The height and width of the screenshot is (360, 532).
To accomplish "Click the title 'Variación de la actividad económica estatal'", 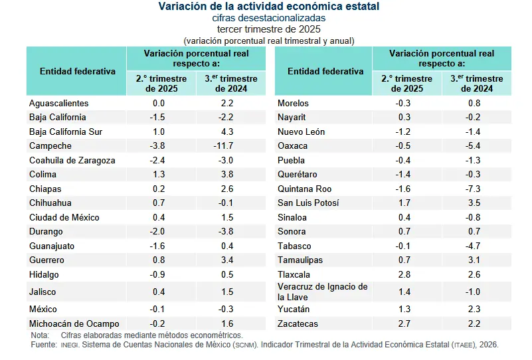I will (269, 7).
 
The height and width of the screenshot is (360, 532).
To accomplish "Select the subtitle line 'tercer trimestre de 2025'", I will (269, 29).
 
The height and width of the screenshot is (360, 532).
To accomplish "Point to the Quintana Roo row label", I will (305, 189).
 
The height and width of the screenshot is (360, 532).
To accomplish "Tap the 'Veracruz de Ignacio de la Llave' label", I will (322, 292).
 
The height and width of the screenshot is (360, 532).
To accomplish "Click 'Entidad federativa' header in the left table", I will (77, 71).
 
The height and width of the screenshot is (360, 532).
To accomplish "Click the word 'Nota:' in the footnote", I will (40, 335).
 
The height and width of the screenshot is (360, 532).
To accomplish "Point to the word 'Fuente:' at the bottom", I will (43, 345).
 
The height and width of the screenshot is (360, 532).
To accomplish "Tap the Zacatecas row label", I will (298, 323).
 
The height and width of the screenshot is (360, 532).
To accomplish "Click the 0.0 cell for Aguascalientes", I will (159, 103).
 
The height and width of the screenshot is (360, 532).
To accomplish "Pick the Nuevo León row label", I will (301, 132).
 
